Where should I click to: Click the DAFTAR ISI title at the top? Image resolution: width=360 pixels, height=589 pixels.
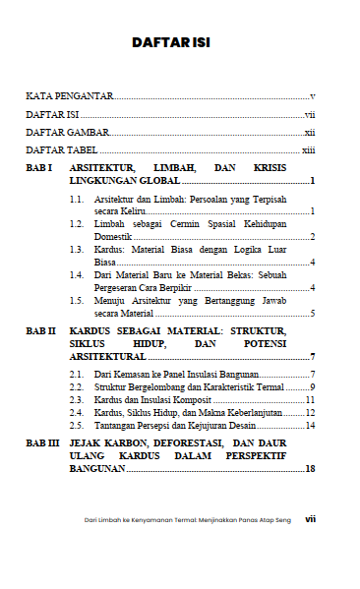pos(179,43)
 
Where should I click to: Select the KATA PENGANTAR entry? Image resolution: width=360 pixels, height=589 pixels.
pos(69,96)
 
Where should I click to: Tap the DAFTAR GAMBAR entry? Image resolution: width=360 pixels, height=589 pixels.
pos(67,132)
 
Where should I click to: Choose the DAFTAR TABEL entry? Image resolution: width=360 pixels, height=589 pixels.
pos(61,149)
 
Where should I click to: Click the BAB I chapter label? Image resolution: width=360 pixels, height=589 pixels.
pos(38,169)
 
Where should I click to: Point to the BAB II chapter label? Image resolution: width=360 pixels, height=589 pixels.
pos(40,333)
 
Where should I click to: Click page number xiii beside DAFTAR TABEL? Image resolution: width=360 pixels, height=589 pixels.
pos(308,149)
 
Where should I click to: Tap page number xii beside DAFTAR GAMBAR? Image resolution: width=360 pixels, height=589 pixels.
pos(309,132)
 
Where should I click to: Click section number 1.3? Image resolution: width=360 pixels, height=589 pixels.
pos(76,250)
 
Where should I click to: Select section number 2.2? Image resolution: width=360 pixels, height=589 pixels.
pos(76,387)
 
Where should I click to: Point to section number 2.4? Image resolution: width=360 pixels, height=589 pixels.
pos(76,413)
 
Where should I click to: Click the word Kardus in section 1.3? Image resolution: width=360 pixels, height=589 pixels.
pos(109,250)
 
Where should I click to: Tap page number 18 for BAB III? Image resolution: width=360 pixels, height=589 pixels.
pos(309,470)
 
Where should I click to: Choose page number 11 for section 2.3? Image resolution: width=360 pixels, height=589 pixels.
pos(309,400)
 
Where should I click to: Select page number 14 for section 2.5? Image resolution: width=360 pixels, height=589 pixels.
pos(309,426)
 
